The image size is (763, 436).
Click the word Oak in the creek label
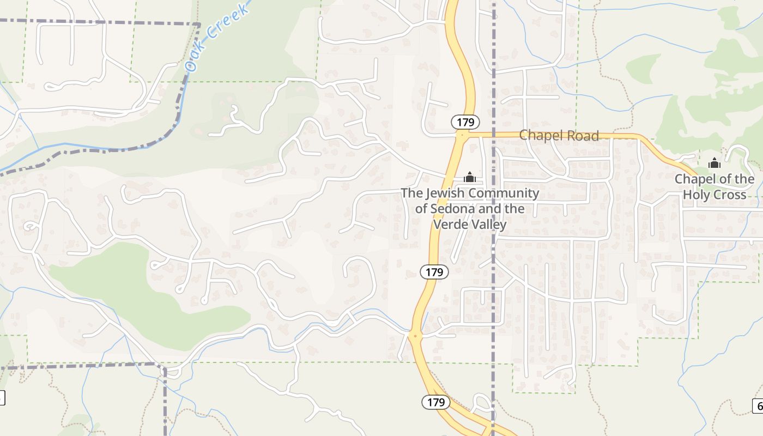(x=194, y=62)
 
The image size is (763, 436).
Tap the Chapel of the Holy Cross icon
(x=714, y=163)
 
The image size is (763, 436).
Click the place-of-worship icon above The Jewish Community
(x=469, y=177)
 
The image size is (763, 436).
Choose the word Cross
(x=730, y=195)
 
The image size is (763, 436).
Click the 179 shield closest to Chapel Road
(x=465, y=122)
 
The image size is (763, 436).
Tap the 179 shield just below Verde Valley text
(x=434, y=271)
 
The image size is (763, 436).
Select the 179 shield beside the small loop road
(x=436, y=402)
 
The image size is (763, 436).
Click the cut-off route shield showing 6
(x=758, y=405)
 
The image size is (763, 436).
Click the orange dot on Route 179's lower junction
(x=415, y=336)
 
